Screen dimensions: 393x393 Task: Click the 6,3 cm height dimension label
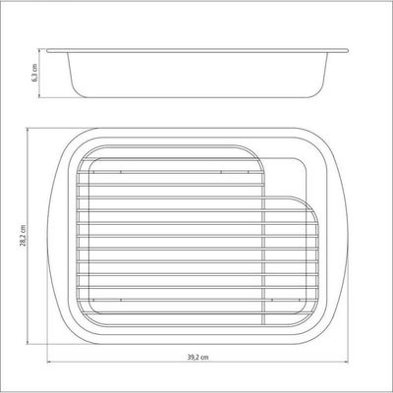(x=34, y=73)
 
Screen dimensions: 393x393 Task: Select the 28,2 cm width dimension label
(x=23, y=235)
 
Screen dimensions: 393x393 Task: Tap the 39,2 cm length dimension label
(x=197, y=357)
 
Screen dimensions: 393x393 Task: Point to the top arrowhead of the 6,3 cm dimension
(x=39, y=50)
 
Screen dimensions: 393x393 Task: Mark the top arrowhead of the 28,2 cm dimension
(x=28, y=130)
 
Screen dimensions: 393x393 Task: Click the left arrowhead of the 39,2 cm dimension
(x=49, y=362)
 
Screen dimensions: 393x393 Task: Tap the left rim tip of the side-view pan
(x=47, y=51)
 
